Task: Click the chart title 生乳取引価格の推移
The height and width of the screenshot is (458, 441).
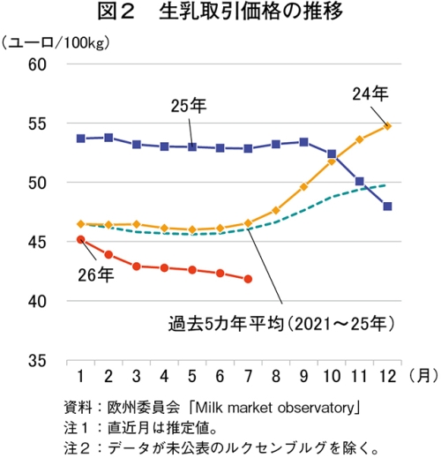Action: (250, 12)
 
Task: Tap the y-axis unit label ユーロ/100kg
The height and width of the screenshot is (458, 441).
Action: (56, 43)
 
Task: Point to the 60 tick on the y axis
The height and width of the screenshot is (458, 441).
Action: (37, 64)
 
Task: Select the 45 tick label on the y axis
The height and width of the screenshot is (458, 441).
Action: (37, 243)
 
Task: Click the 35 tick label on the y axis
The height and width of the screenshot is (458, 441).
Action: (37, 361)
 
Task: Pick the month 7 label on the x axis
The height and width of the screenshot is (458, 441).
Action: (248, 376)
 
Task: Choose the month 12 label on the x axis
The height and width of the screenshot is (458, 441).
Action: (388, 376)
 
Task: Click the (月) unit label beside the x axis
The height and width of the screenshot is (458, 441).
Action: (423, 376)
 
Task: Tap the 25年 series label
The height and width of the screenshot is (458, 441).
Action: (189, 106)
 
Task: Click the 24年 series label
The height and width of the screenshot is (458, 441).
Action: (370, 94)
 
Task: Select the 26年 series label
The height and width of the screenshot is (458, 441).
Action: (96, 275)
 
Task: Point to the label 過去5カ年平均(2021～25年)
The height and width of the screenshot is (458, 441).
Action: (281, 324)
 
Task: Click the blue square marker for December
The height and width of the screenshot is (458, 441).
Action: (388, 206)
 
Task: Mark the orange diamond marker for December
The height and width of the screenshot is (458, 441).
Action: (388, 126)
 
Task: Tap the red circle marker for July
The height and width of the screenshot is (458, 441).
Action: (248, 279)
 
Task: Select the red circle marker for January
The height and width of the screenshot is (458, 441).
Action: (81, 239)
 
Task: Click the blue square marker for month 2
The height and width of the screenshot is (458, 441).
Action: (108, 138)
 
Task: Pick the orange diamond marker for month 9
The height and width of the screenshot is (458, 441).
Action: (304, 186)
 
